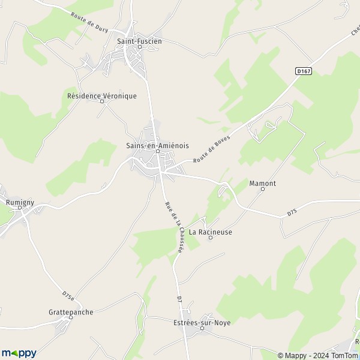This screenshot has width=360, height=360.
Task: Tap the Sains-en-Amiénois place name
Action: pos(158,145)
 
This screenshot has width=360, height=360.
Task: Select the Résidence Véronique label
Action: pos(102,95)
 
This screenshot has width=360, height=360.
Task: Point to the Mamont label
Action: pos(262,184)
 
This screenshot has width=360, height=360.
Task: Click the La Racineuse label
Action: pos(210,232)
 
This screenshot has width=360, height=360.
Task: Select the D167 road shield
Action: pos(304,71)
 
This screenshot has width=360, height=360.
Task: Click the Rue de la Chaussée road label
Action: pos(173,227)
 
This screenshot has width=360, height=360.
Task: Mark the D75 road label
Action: pos(292,212)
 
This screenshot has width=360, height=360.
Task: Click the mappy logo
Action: pos(19,353)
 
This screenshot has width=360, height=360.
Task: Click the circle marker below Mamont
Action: pos(262,190)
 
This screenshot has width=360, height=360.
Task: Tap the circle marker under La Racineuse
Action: pos(210,238)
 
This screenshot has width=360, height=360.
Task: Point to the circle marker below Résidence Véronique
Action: pos(102,101)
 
